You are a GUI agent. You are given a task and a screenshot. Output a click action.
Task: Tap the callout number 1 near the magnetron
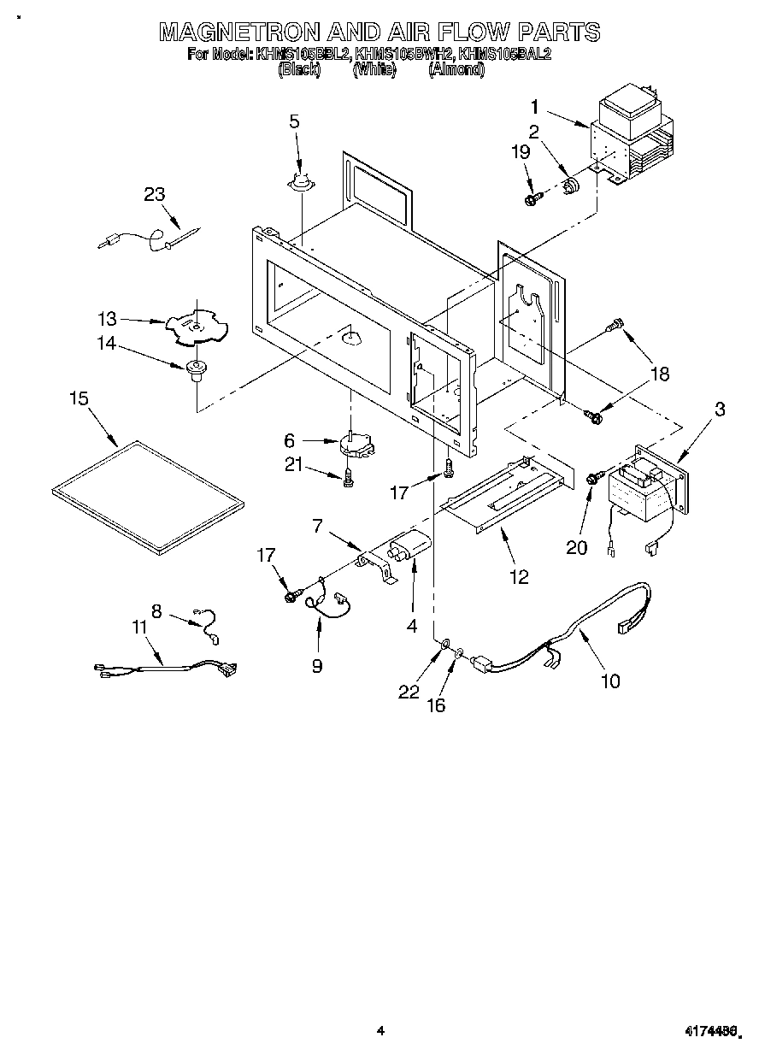(534, 108)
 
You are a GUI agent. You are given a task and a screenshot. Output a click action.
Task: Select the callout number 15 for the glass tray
(79, 399)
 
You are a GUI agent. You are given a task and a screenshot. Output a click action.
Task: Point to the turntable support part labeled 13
(196, 325)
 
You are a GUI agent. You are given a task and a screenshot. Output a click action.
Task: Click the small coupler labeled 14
(197, 369)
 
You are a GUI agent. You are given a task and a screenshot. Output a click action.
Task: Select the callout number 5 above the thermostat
(294, 121)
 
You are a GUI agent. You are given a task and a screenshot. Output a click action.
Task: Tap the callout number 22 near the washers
(410, 691)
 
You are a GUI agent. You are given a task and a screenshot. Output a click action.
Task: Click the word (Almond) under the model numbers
(456, 70)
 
